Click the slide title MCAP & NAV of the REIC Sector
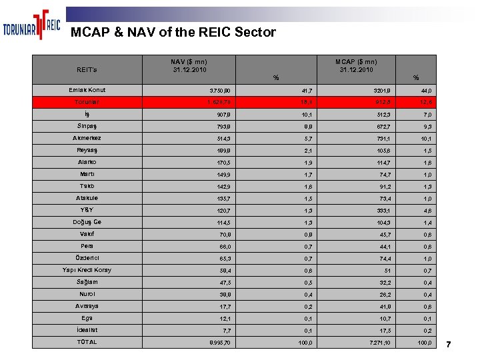coord(173,32)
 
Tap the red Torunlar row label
coord(87,102)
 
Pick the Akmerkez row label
coord(87,138)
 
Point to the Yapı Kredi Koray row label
coord(87,270)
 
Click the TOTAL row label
coord(87,342)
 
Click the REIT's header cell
coord(87,69)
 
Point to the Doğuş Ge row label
coord(87,222)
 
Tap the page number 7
coord(449,344)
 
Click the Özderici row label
coord(87,258)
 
